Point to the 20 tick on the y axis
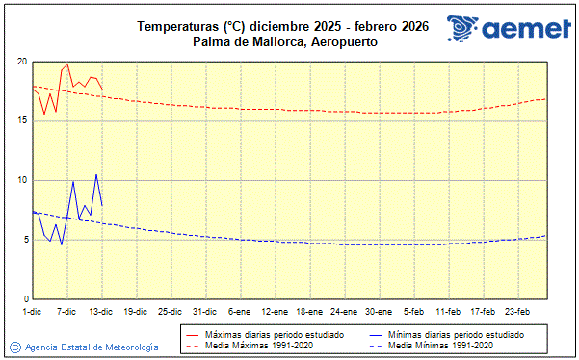coord(21,62)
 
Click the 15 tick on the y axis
coord(21,121)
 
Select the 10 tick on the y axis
coord(21,181)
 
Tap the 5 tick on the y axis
coord(23,240)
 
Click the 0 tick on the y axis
coord(23,299)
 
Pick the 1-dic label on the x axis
coord(32,312)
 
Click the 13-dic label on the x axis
coord(101,312)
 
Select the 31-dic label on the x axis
coord(204,312)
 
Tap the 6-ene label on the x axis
coord(239,312)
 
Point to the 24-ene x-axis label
coord(343,312)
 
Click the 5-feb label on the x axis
coord(412,312)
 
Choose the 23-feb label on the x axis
coord(516,312)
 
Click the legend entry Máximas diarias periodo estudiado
coord(275,333)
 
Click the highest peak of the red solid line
coord(66,64)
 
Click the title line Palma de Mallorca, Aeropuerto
coord(284,42)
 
